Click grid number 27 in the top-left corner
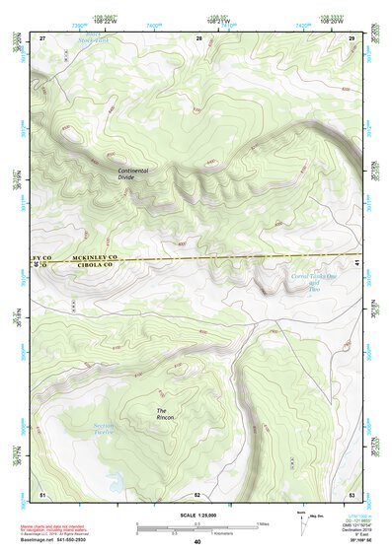tap(42, 37)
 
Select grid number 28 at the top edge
tap(198, 37)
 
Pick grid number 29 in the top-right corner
tap(352, 37)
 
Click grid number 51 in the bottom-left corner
tap(42, 493)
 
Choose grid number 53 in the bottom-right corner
tap(352, 493)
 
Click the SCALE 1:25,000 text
tap(197, 514)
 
